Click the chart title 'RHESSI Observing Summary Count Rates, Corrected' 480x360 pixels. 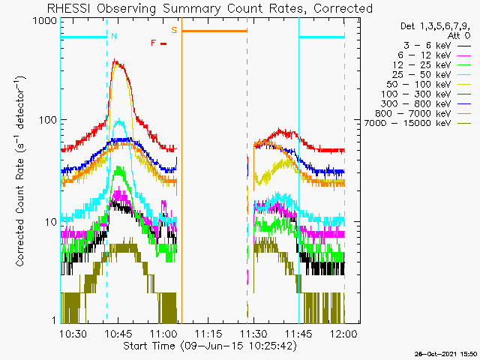click(209, 8)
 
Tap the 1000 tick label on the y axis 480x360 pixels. click(44, 22)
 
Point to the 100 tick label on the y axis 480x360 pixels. click(46, 120)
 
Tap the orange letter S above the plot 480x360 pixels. click(174, 30)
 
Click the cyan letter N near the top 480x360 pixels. click(113, 36)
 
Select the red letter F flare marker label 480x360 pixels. click(154, 43)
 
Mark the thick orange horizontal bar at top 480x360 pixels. click(214, 31)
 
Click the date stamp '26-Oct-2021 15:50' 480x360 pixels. click(447, 353)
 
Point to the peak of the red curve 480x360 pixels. click(116, 61)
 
